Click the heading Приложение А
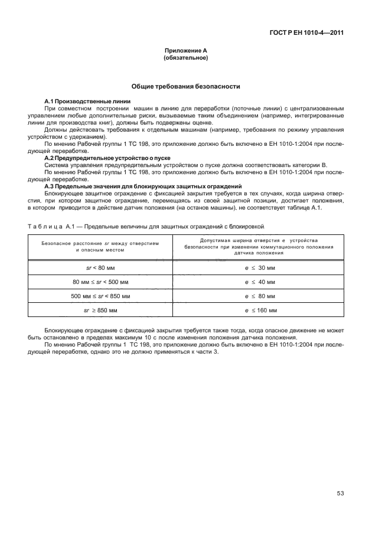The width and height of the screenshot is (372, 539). pos(185,51)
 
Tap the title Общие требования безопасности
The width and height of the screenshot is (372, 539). pos(185,86)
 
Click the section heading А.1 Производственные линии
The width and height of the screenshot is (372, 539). pos(79,102)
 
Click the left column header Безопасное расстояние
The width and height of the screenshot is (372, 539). pos(99,247)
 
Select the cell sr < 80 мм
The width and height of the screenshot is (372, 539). pos(99,267)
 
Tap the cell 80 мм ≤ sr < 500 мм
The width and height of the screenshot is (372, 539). pos(99,282)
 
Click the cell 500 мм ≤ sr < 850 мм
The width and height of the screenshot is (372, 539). pos(99,296)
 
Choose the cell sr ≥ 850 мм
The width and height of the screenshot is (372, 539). pos(99,310)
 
